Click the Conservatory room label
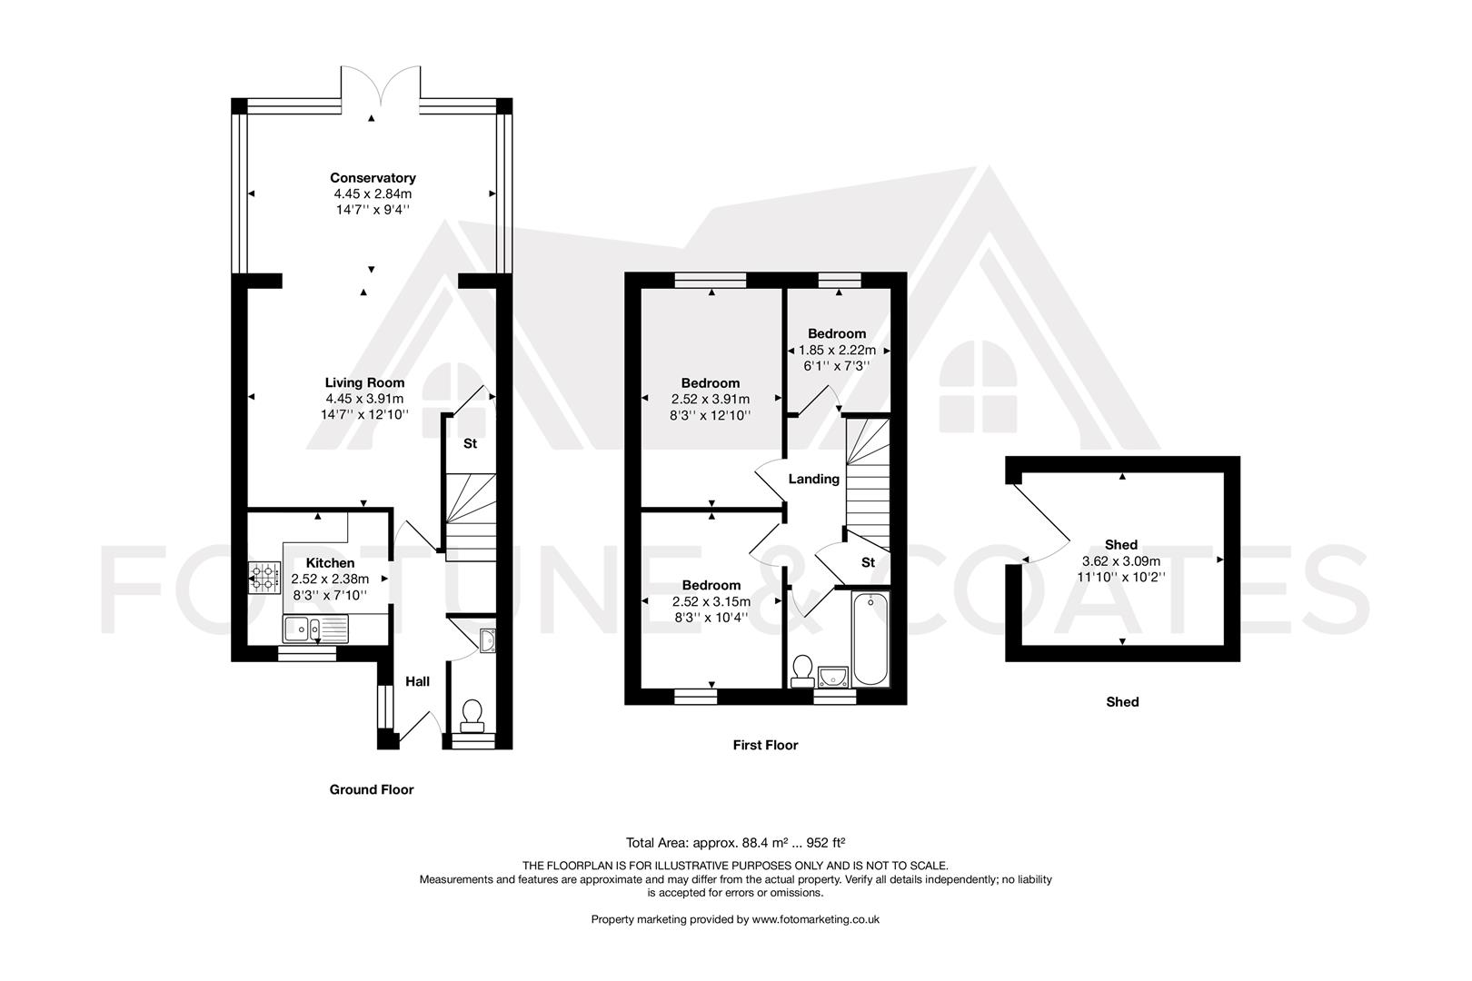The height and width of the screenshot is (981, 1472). click(x=373, y=178)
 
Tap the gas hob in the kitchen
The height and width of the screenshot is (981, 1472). click(x=264, y=577)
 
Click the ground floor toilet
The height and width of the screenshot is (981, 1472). click(x=472, y=715)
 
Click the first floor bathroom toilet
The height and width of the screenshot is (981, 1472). click(x=802, y=670)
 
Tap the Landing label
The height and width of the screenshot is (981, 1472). click(x=813, y=479)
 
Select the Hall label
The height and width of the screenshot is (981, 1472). click(x=417, y=681)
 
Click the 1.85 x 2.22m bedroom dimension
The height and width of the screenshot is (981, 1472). click(x=837, y=350)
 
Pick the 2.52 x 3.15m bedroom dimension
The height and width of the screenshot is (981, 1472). click(x=711, y=601)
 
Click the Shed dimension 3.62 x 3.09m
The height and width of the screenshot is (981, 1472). click(x=1121, y=561)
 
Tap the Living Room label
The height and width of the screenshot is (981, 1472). click(x=364, y=382)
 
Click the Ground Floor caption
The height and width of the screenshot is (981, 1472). click(x=371, y=789)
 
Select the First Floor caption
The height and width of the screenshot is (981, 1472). click(x=765, y=745)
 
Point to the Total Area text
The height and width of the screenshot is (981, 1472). click(x=736, y=842)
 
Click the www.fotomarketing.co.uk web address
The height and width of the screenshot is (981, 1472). click(x=815, y=919)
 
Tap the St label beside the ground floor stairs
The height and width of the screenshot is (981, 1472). click(x=470, y=444)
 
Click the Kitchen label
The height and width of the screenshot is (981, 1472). click(x=330, y=563)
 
